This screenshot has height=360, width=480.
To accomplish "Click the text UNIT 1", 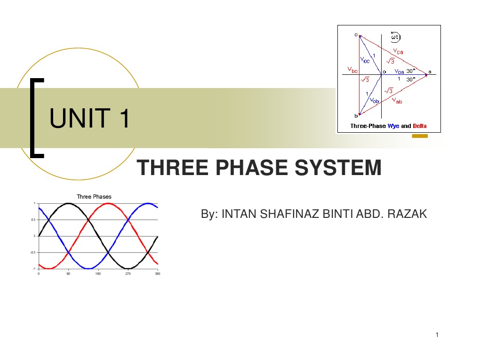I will click(x=90, y=118).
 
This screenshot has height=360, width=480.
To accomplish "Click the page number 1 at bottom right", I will click(x=437, y=335).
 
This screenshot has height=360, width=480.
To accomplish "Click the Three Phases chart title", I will click(x=94, y=197).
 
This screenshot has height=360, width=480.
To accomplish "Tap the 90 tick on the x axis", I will click(x=68, y=273).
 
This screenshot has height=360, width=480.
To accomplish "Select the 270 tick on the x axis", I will click(x=128, y=273).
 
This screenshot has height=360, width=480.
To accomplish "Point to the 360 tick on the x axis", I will click(x=157, y=273).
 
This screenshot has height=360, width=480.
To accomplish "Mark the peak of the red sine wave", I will click(x=108, y=204).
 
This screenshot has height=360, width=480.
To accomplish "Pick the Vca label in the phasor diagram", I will click(x=398, y=52).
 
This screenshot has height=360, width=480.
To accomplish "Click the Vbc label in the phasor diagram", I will click(x=352, y=70).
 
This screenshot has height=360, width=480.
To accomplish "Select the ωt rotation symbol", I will click(x=395, y=36).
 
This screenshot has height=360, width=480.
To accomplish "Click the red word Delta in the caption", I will click(x=420, y=126).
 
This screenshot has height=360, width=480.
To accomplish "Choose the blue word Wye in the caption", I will click(x=393, y=126).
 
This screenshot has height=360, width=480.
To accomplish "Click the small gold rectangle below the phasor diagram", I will click(x=419, y=136).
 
